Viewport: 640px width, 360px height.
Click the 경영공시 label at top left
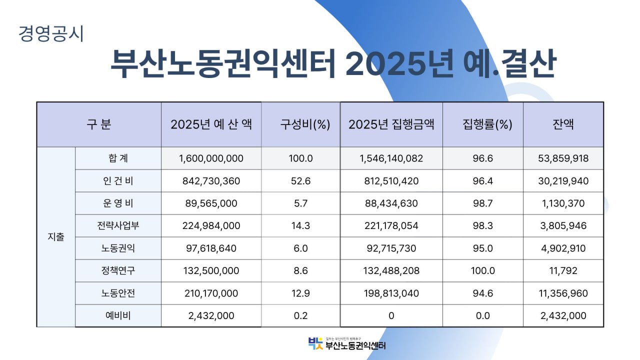51,33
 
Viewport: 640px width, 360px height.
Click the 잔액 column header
563,124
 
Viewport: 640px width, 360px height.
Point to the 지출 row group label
56,237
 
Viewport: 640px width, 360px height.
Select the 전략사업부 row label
118,225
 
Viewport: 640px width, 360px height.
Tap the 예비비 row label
118,315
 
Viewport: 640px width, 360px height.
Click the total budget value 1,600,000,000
211,158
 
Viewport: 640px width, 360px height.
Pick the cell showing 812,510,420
391,181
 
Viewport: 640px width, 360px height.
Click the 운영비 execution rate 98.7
482,203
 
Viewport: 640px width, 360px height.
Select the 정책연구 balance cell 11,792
563,270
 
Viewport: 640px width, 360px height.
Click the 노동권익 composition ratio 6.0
300,248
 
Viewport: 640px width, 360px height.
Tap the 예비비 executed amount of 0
391,315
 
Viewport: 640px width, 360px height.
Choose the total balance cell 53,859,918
563,158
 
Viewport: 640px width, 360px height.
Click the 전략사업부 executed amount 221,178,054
391,226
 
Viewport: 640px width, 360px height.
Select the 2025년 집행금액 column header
391,124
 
